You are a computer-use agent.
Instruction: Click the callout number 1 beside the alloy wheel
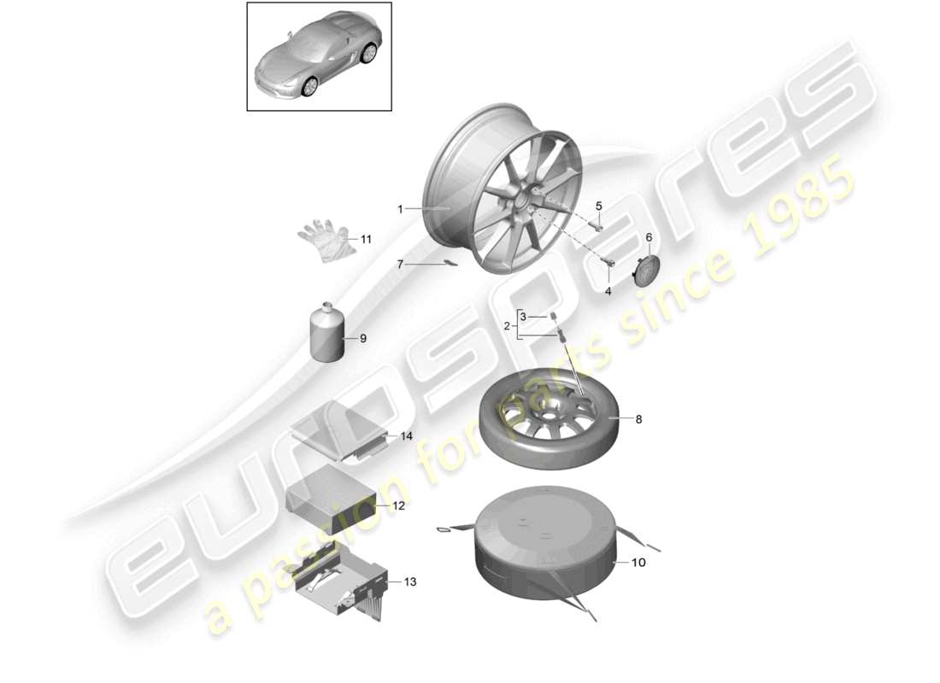click(399, 208)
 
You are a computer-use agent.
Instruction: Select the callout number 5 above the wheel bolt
click(598, 206)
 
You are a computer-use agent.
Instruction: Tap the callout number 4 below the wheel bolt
click(608, 291)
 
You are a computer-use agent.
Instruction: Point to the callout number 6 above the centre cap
click(648, 237)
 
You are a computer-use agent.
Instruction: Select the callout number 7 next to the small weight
click(399, 265)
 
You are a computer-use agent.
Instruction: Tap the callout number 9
click(362, 339)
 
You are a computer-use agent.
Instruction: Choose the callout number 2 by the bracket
click(507, 326)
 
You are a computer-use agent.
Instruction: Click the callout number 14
click(407, 436)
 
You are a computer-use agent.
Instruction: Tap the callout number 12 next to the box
click(398, 505)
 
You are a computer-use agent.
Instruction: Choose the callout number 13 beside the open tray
click(410, 582)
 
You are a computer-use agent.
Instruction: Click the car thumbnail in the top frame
click(319, 56)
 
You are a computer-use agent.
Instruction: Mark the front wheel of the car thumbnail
click(309, 85)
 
